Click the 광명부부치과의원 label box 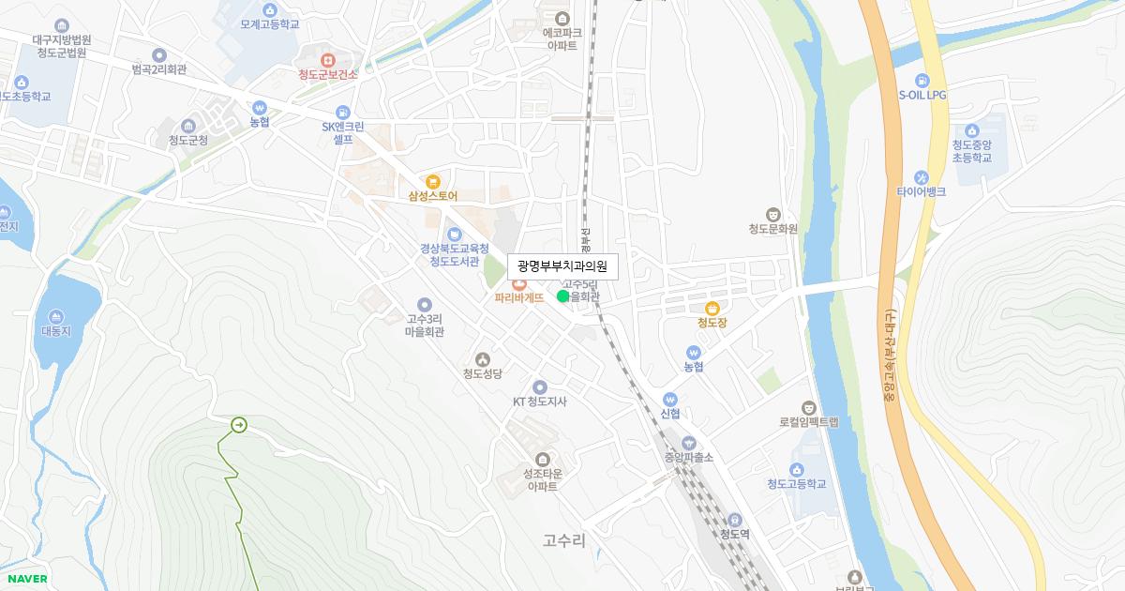pyautogui.click(x=562, y=267)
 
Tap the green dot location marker pyautogui.click(x=562, y=296)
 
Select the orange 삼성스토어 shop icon pyautogui.click(x=432, y=181)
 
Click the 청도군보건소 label pyautogui.click(x=328, y=75)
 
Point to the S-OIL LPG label pyautogui.click(x=923, y=95)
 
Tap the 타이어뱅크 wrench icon pyautogui.click(x=921, y=176)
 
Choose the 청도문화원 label pyautogui.click(x=772, y=229)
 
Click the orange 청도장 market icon pyautogui.click(x=712, y=308)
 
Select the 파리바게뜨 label pyautogui.click(x=519, y=297)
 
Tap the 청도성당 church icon pyautogui.click(x=483, y=358)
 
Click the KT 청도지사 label pyautogui.click(x=539, y=402)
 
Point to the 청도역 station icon pyautogui.click(x=735, y=520)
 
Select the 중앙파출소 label pyautogui.click(x=689, y=458)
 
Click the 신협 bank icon pyautogui.click(x=669, y=399)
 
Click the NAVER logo pyautogui.click(x=27, y=579)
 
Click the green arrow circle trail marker pyautogui.click(x=239, y=426)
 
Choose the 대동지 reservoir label pyautogui.click(x=56, y=331)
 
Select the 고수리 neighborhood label pyautogui.click(x=563, y=540)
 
